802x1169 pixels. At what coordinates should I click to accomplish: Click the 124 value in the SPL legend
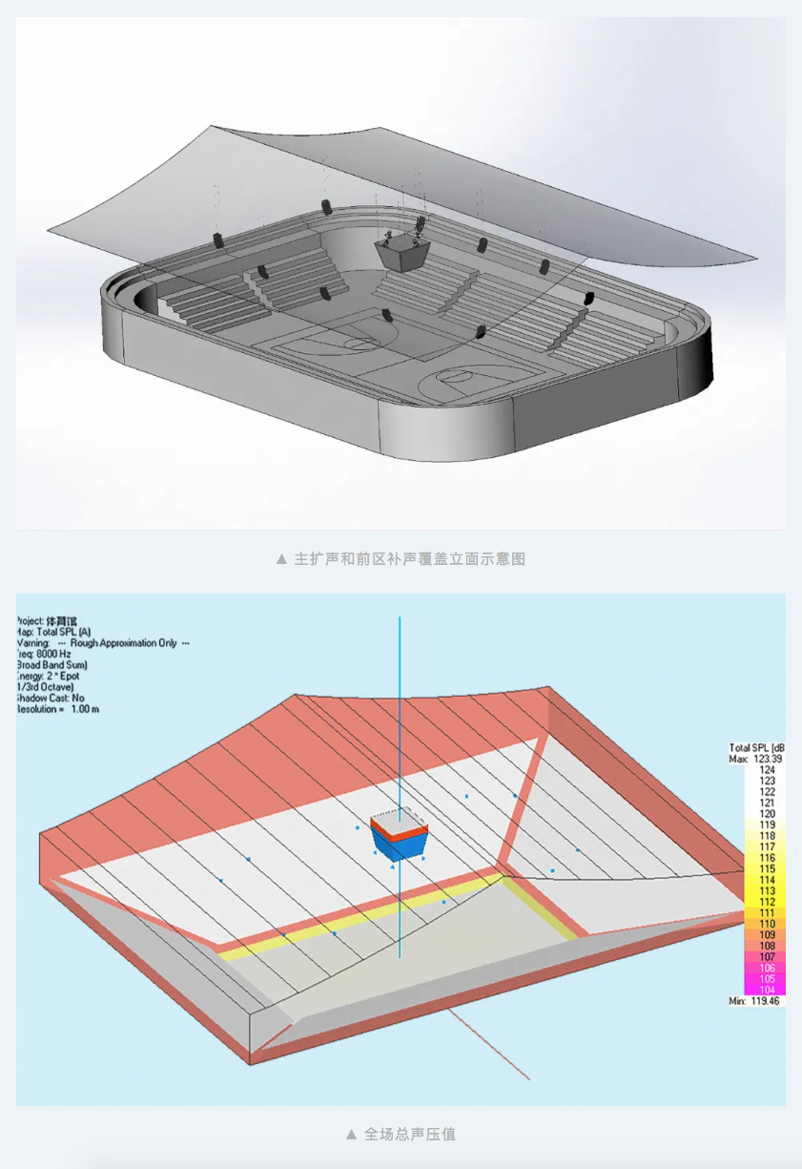(x=766, y=769)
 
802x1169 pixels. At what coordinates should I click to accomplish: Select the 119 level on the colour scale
(x=766, y=825)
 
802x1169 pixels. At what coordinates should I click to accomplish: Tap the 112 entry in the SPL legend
(x=766, y=902)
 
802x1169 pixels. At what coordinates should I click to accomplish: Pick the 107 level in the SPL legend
(x=766, y=956)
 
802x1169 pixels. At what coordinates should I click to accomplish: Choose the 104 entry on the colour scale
(x=766, y=990)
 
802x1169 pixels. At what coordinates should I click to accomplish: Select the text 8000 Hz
(x=51, y=654)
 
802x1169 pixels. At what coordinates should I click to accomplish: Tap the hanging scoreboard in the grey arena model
(x=401, y=253)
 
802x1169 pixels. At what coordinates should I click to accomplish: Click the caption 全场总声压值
(x=410, y=1135)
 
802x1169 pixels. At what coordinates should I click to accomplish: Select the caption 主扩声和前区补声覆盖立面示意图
(x=409, y=558)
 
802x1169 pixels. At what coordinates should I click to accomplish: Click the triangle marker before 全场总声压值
(x=351, y=1135)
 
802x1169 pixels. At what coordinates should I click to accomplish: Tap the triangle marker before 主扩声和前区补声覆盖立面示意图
(x=280, y=558)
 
